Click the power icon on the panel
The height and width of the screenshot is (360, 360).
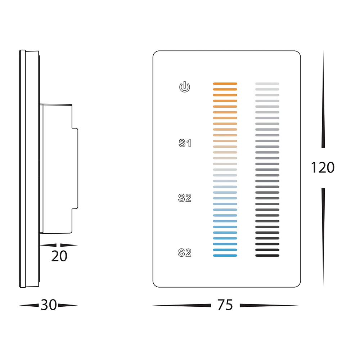pos(184,87)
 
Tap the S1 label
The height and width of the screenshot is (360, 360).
pos(185,143)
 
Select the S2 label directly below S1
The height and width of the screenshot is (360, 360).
pos(185,198)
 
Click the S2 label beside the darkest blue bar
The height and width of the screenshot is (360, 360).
pos(185,253)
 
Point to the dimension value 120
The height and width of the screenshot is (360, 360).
pos(323,167)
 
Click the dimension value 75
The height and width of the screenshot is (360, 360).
pos(225,305)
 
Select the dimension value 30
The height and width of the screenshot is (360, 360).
pos(49,305)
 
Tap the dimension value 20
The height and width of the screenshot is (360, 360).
pos(59,256)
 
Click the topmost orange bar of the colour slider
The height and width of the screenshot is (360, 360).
pos(225,84)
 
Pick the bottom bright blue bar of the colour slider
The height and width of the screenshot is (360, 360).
pos(225,256)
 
